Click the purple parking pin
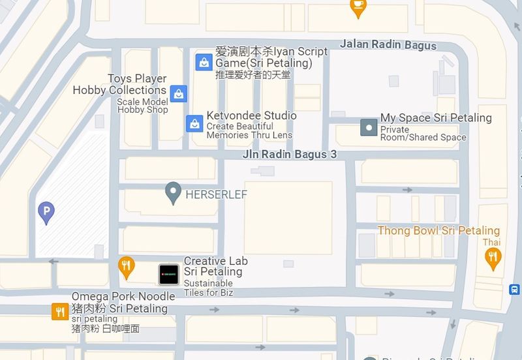(46, 211)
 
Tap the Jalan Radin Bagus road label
(388, 45)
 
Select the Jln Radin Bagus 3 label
(289, 155)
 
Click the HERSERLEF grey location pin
(173, 192)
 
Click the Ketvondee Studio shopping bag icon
(194, 123)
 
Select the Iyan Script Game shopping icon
(204, 62)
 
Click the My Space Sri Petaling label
(436, 118)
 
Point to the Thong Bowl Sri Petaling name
(438, 231)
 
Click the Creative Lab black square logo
(168, 274)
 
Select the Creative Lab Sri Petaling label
(215, 266)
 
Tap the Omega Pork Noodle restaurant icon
(60, 312)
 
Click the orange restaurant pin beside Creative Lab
(127, 265)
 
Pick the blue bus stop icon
(515, 289)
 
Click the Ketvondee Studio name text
(251, 115)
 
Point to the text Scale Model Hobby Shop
(142, 106)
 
